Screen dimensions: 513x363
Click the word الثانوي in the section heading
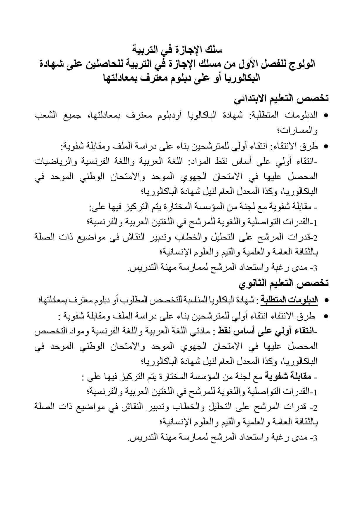pos(255,283)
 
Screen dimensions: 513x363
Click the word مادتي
pos(205,332)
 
